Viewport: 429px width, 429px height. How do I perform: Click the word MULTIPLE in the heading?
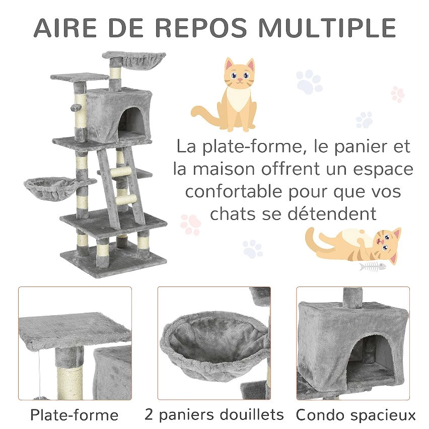coord(327,28)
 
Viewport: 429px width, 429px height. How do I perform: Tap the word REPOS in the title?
coord(201,28)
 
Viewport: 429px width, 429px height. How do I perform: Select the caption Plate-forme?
coord(74,415)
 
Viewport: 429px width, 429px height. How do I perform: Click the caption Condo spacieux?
coord(355,415)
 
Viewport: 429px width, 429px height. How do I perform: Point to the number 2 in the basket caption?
coord(149,414)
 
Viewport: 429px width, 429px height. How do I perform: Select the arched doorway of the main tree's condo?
coord(131,122)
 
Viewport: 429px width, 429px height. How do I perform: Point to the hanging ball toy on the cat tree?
coord(75,108)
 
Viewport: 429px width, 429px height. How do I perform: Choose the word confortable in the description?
coord(234,191)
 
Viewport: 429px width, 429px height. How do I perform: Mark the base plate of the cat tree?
coord(113,260)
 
